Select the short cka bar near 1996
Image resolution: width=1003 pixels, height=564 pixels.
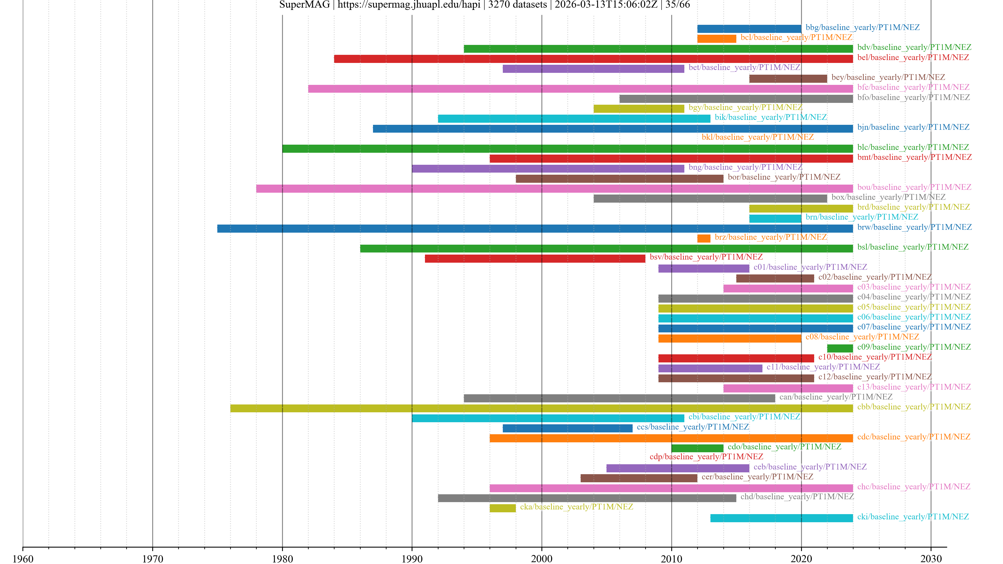click(502, 508)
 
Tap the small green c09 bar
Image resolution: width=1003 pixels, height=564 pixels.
click(840, 348)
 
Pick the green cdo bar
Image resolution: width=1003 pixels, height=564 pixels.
click(697, 448)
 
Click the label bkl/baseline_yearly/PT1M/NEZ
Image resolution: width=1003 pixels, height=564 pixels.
click(757, 137)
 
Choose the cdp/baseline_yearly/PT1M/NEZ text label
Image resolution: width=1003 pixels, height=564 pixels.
click(706, 457)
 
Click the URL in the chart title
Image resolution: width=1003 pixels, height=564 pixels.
click(409, 5)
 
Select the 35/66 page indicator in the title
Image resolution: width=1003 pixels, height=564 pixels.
click(678, 5)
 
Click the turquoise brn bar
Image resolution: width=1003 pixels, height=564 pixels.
click(775, 218)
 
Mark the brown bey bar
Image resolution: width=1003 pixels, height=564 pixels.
click(788, 79)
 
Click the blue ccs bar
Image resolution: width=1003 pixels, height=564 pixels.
click(567, 428)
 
